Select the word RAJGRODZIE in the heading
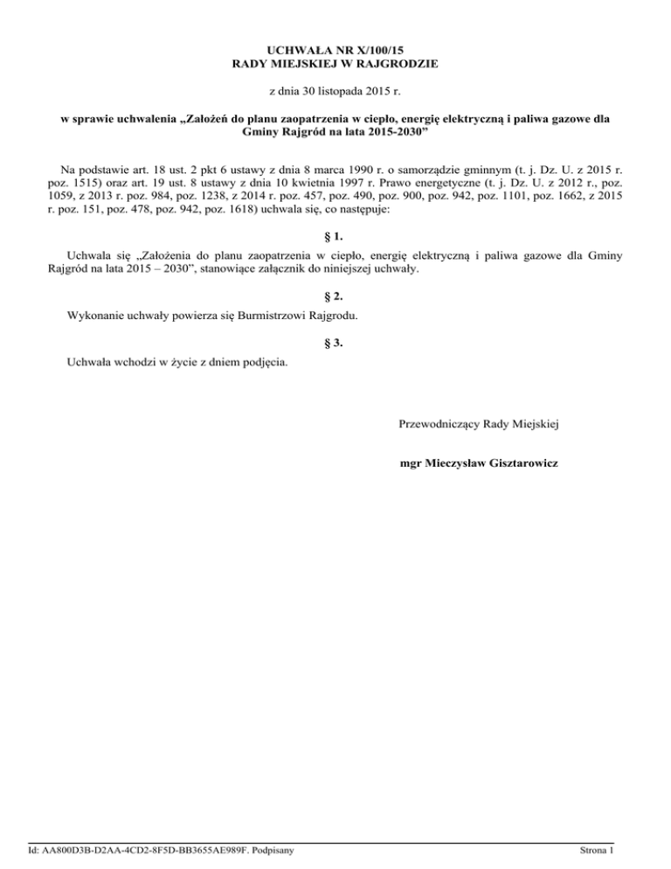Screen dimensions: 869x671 click(398, 64)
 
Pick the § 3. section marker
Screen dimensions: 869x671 click(335, 344)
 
